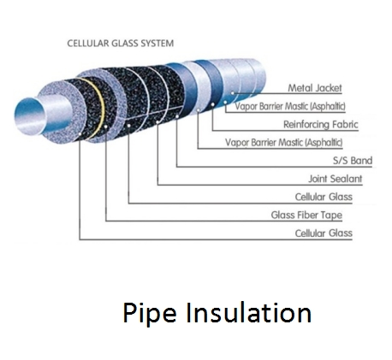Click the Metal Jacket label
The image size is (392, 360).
(x=315, y=88)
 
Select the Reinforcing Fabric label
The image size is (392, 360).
(x=321, y=124)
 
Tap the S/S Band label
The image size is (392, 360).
(x=353, y=161)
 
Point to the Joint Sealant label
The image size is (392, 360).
(x=336, y=179)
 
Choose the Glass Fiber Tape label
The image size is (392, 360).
(x=306, y=215)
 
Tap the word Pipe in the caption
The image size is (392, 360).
(x=150, y=313)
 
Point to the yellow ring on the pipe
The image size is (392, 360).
(x=98, y=109)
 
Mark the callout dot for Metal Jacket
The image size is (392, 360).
(x=233, y=93)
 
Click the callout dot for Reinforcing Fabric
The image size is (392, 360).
(x=212, y=104)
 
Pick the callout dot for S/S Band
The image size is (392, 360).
(x=177, y=116)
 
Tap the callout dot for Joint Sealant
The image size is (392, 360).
(x=157, y=122)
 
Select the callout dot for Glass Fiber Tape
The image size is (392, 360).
(x=106, y=127)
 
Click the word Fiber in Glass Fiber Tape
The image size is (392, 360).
(x=307, y=215)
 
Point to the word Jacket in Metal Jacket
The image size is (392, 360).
(x=328, y=88)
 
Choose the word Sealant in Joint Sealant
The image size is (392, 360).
(x=346, y=179)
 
